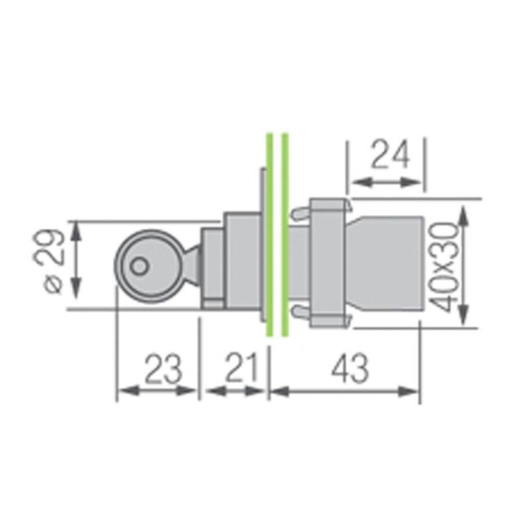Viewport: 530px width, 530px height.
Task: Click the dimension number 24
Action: click(390, 155)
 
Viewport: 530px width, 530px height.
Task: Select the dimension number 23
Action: click(164, 369)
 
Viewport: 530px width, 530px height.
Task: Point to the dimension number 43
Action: click(349, 369)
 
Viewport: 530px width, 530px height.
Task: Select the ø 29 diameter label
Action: click(52, 263)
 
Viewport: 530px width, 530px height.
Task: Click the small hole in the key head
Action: click(138, 266)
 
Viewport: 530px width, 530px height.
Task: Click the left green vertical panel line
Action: click(269, 236)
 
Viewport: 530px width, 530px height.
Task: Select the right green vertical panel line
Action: click(285, 236)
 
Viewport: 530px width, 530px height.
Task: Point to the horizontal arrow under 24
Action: click(387, 181)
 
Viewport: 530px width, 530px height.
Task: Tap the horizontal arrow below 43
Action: click(344, 392)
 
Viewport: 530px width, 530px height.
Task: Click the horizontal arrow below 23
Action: click(157, 391)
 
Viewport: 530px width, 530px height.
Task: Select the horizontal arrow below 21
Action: click(235, 392)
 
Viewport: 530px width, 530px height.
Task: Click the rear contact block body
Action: click(388, 264)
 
